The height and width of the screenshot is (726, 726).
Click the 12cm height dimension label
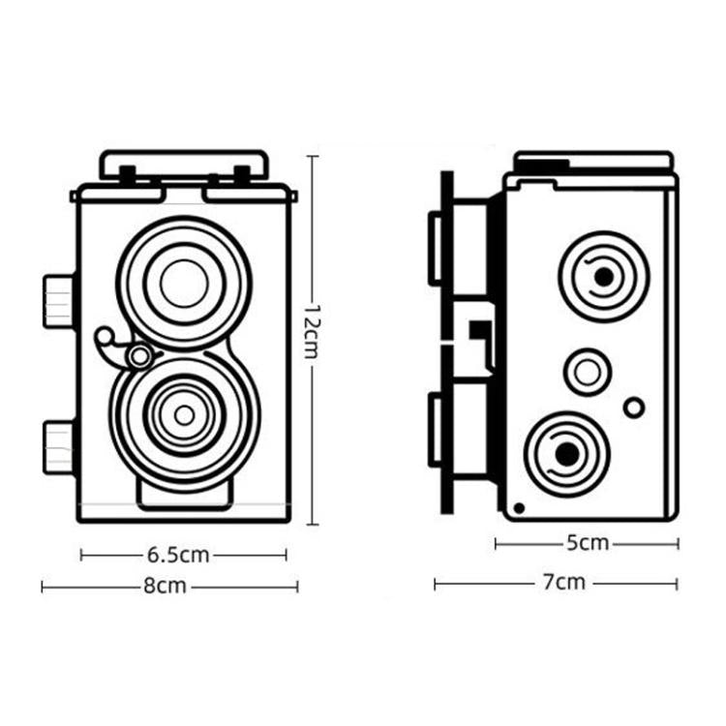click(311, 330)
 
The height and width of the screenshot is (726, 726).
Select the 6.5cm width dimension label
click(178, 555)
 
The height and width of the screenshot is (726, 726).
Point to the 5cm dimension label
click(588, 544)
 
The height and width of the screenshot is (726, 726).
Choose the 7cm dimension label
click(563, 584)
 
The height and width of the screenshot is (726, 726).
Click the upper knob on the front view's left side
click(58, 300)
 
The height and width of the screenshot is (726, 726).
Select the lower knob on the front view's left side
click(58, 446)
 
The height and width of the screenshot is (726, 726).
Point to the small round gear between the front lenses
click(139, 356)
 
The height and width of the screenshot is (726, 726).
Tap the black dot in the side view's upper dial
click(604, 277)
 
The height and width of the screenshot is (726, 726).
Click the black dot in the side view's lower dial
click(568, 453)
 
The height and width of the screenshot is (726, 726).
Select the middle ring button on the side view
click(588, 371)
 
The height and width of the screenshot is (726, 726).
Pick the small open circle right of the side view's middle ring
click(634, 408)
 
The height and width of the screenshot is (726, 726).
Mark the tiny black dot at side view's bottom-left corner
click(520, 507)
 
